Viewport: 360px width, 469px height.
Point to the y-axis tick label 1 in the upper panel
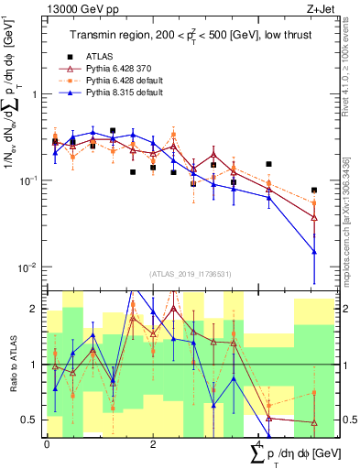(x=34, y=94)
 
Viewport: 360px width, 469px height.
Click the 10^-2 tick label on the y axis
(x=29, y=267)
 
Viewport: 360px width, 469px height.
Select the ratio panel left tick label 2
(x=34, y=310)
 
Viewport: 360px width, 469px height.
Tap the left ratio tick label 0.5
(x=30, y=420)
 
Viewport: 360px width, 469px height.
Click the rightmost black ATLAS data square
(x=314, y=191)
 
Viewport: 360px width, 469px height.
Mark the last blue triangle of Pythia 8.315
(x=314, y=251)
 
